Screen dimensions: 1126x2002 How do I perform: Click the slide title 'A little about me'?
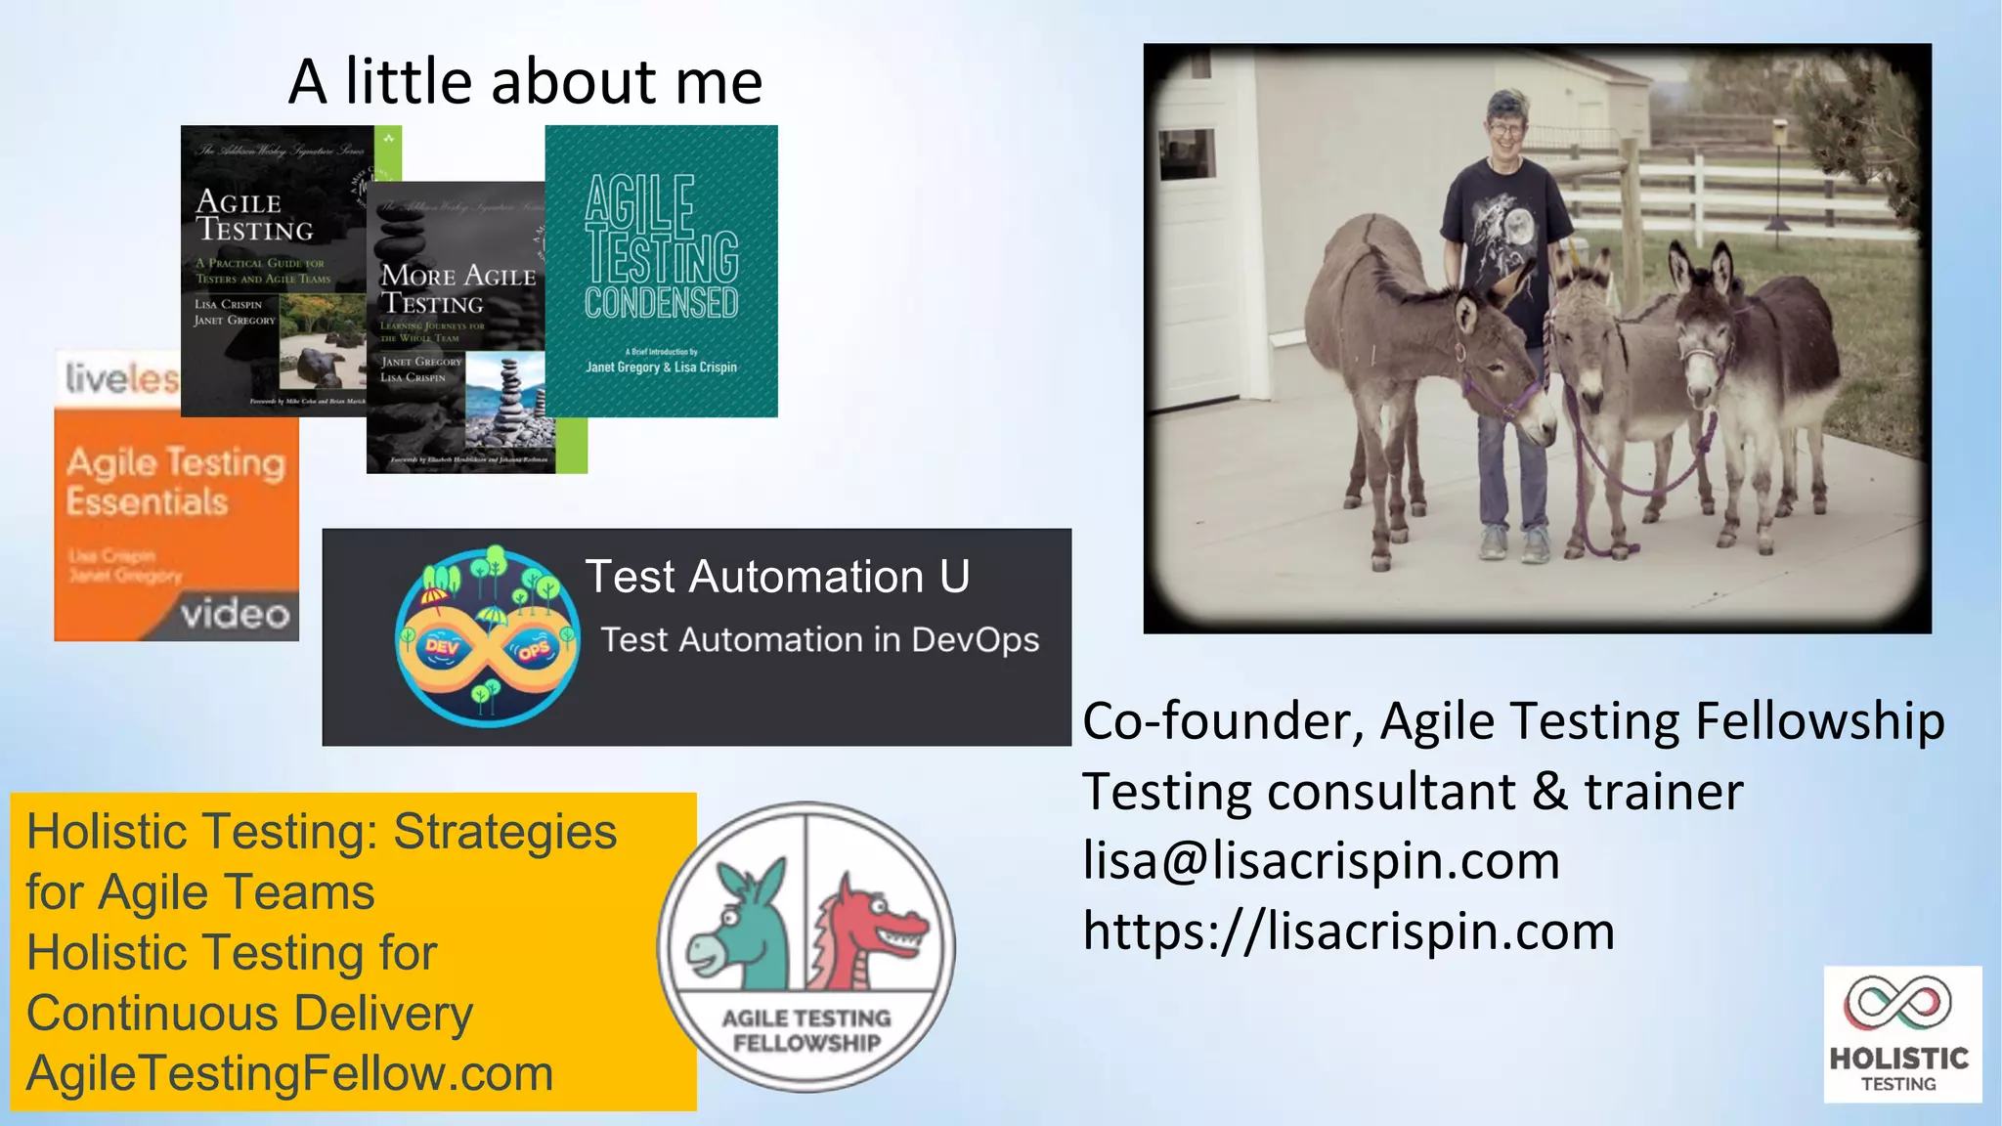[525, 81]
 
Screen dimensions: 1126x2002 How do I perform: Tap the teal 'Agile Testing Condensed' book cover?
[661, 271]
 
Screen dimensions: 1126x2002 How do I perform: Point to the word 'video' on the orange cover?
[236, 614]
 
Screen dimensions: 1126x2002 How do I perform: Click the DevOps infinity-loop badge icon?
[488, 637]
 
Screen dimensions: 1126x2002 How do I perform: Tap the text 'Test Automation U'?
[777, 577]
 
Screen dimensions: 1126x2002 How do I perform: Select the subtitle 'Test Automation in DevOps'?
[819, 640]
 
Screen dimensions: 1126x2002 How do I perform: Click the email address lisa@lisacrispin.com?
[1321, 861]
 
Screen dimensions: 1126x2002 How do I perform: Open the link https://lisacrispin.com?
[1348, 931]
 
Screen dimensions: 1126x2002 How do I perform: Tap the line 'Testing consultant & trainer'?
[1412, 792]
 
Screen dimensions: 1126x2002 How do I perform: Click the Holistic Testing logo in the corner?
[1901, 1033]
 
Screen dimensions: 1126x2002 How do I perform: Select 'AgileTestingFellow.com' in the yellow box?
[290, 1074]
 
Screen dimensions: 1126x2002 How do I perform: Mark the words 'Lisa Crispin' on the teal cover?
[705, 368]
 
